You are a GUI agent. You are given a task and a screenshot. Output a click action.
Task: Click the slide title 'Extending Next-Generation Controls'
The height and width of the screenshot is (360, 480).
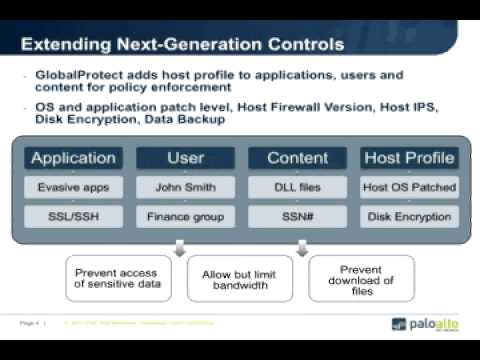(182, 44)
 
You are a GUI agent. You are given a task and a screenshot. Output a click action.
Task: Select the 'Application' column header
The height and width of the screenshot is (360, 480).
(73, 158)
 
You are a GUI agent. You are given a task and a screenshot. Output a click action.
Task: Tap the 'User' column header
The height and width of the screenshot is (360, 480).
(185, 158)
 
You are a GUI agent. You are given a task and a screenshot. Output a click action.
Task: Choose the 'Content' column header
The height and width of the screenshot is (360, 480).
(297, 158)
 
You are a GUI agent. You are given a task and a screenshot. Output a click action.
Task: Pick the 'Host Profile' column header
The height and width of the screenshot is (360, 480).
(410, 158)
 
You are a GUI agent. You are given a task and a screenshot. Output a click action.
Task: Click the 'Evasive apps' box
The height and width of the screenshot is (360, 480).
(73, 186)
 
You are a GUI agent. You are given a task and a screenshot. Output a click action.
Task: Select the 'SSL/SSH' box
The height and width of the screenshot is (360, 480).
(73, 215)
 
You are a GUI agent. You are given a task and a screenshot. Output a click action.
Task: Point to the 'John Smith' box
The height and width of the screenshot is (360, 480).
(185, 186)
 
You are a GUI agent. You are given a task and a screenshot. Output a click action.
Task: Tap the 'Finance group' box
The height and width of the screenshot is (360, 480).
(185, 215)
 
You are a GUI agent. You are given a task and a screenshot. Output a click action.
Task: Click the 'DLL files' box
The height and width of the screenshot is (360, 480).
(297, 186)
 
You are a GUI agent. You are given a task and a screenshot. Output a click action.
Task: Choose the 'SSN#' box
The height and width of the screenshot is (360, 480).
(297, 215)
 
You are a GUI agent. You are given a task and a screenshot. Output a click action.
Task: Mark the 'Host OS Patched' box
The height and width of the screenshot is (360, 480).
(410, 186)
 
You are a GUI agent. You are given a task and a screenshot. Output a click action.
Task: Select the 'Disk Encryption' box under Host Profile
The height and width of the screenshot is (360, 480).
(410, 215)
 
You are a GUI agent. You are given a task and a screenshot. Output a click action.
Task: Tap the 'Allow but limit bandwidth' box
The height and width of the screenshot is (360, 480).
(240, 278)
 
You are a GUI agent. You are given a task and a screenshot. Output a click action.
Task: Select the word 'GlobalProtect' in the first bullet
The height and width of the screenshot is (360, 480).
(76, 75)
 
